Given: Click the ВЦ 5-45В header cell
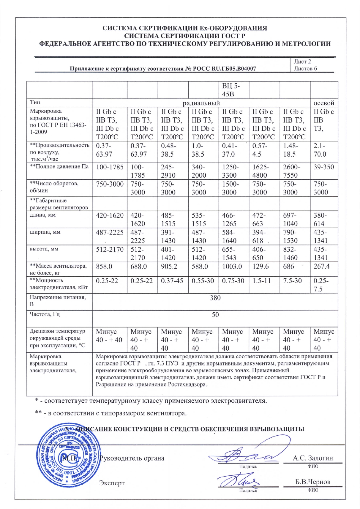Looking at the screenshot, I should point(231,90).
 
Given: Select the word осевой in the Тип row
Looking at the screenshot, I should point(324,103).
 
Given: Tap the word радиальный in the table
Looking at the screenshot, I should point(201,103).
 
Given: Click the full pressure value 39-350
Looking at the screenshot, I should point(324,167).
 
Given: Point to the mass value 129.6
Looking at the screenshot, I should point(260,266).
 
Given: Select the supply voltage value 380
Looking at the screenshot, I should point(215,298).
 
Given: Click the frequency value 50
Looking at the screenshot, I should point(215,315).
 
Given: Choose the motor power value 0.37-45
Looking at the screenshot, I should point(172,280).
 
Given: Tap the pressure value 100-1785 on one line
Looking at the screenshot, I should point(110,167).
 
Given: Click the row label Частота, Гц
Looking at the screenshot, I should point(45,314).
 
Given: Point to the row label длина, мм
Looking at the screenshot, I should point(42,215).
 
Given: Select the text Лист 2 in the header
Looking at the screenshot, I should point(302,62).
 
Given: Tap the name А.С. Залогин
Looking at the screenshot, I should point(313,458).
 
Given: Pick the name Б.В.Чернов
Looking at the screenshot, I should point(313,482).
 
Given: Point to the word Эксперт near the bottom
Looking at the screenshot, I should point(112,483).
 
